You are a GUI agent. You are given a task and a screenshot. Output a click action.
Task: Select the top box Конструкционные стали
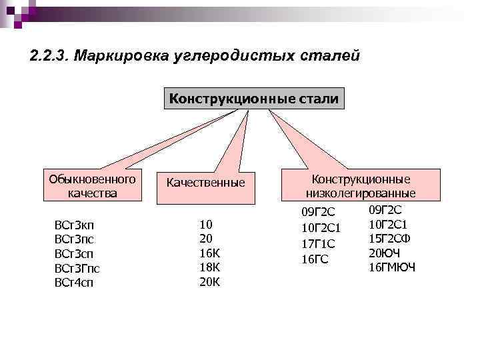coord(254,99)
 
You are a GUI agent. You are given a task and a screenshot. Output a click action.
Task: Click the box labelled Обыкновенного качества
coord(92,186)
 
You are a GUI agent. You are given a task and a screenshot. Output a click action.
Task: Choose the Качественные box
coord(205,182)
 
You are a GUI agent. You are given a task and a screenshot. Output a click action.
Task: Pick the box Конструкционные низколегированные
coord(361,186)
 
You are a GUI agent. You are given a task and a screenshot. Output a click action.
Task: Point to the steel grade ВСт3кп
coord(74,225)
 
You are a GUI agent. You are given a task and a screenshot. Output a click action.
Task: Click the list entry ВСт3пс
coord(74,239)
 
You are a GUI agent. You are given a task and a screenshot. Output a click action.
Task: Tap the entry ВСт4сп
coord(74,282)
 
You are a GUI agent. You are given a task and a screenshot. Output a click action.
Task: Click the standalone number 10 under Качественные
coord(206,224)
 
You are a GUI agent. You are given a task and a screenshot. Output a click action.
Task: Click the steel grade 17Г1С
coord(318,243)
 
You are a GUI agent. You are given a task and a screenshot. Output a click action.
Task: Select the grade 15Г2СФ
coord(389,238)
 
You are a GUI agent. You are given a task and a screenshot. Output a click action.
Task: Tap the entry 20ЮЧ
coord(384,253)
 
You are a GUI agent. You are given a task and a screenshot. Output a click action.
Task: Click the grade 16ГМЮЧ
coord(391,267)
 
